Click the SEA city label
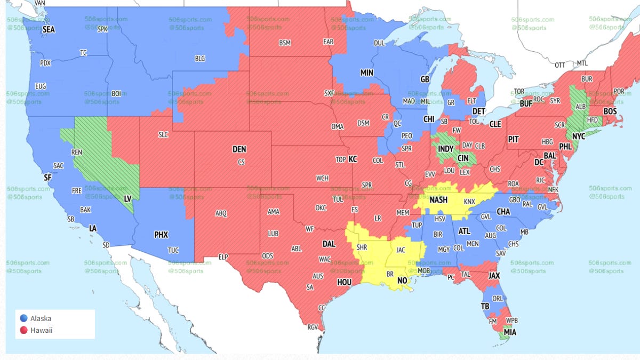point(49,30)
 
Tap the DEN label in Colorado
point(239,150)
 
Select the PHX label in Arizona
point(161,234)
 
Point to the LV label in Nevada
point(127,198)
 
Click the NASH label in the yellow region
point(438,200)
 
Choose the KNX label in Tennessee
point(469,202)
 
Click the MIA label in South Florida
point(510,332)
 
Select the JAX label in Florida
point(494,276)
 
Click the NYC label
point(579,137)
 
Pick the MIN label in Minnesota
point(366,73)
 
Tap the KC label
point(353,159)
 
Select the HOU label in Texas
point(345,282)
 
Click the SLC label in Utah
point(163,135)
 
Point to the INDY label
point(445,148)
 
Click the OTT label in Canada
point(559,65)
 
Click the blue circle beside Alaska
point(23,318)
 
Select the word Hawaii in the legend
point(42,330)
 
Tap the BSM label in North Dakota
point(284,43)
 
